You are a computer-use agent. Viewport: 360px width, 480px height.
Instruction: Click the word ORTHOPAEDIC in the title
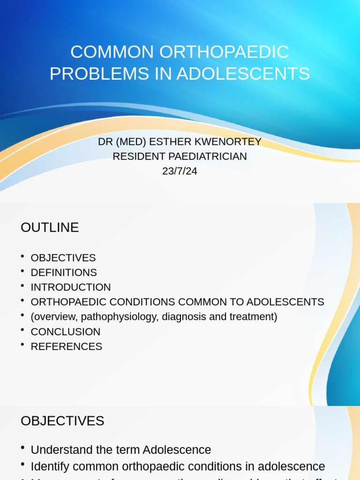[x=224, y=52]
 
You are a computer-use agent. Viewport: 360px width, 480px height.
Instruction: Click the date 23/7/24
[x=180, y=171]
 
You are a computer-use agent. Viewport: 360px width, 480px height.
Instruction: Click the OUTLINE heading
[x=50, y=227]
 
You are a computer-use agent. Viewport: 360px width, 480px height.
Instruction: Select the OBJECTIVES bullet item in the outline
[x=63, y=258]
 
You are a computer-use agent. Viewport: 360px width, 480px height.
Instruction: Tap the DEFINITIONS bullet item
[x=64, y=272]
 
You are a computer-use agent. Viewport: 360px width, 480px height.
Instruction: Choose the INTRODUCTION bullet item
[x=71, y=287]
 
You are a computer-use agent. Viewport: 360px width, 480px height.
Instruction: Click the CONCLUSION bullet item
[x=66, y=332]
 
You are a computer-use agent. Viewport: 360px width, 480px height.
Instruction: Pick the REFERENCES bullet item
[x=67, y=347]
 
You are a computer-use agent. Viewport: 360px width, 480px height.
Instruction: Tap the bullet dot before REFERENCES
[x=22, y=345]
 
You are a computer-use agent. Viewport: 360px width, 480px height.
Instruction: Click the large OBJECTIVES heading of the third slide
[x=62, y=421]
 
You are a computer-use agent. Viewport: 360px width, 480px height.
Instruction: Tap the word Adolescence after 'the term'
[x=177, y=450]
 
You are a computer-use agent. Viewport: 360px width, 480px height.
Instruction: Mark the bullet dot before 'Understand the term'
[x=22, y=448]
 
